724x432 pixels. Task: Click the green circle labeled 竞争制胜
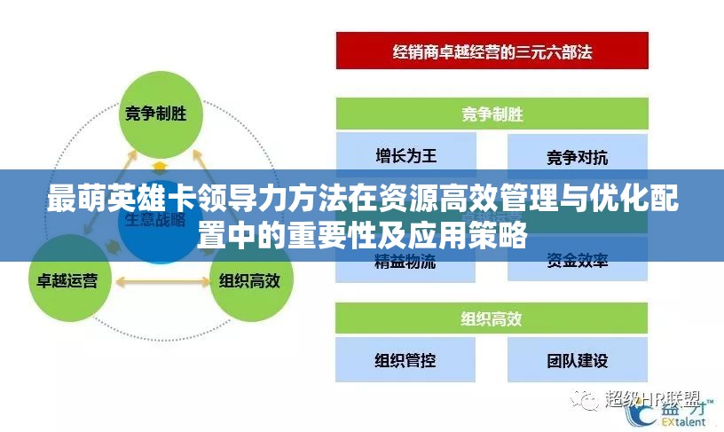160,112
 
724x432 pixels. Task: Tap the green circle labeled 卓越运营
68,279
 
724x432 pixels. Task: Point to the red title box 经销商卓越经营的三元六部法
492,51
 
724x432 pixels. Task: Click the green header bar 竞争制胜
492,114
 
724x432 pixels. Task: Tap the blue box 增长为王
405,157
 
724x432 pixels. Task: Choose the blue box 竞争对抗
578,157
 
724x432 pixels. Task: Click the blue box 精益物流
405,261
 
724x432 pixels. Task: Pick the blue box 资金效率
578,261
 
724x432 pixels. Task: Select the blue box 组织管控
405,360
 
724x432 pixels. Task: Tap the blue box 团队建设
578,360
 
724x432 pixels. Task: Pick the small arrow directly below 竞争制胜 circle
160,166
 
